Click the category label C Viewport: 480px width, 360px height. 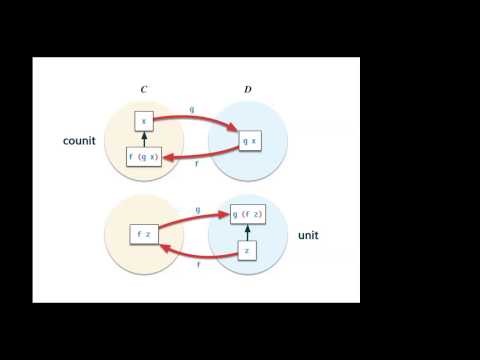(144, 90)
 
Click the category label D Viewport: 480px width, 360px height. (248, 90)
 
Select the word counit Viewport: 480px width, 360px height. (79, 141)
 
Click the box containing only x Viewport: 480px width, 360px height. (144, 120)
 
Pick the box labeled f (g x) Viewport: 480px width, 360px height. (144, 157)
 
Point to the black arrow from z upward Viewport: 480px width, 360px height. (248, 233)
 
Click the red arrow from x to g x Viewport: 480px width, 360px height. (196, 116)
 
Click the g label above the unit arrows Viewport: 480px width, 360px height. (198, 211)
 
